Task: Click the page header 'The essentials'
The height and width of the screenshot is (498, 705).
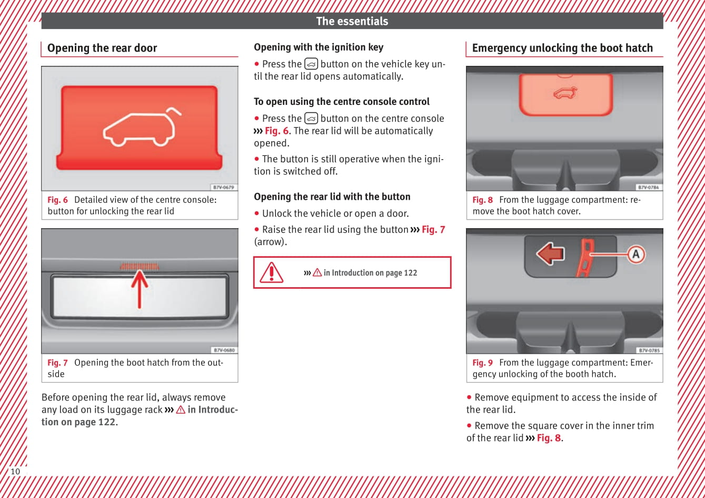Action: [352, 21]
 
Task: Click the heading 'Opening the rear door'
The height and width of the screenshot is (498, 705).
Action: [102, 48]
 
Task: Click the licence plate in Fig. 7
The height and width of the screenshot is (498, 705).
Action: [140, 296]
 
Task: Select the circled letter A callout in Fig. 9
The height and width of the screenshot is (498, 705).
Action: [636, 255]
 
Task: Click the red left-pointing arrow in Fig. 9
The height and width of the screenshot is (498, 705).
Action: [550, 253]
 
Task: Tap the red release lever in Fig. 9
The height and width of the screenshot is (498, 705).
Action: [585, 257]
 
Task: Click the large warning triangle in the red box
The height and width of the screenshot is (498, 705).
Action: [272, 272]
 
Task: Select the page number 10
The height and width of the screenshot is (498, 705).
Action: [15, 471]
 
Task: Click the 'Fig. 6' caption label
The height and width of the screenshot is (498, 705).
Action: [57, 200]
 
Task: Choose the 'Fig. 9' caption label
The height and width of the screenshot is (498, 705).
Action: [482, 363]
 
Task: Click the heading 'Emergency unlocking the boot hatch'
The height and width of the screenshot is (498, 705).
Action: [562, 48]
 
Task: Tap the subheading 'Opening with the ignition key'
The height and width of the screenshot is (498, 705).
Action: [319, 47]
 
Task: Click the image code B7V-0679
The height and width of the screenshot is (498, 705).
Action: [224, 187]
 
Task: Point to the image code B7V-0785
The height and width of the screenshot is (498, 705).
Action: [649, 350]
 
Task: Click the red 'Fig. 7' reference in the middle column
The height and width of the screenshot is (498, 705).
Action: [433, 229]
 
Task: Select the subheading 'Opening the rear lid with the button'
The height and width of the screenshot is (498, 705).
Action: [332, 197]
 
